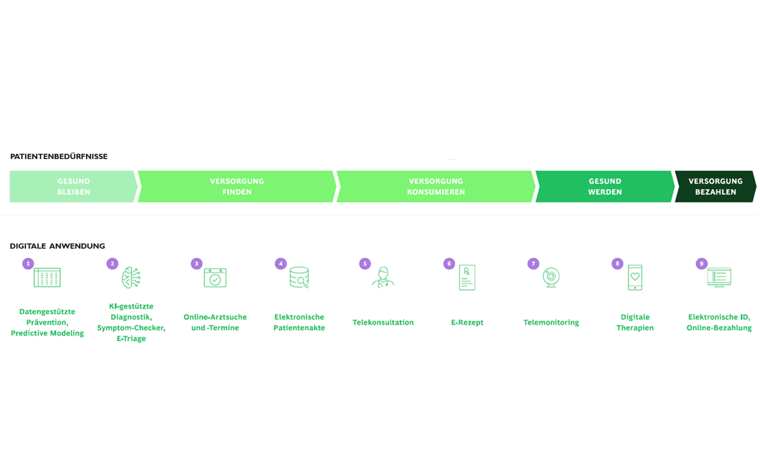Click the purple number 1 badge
28,264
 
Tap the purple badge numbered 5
364,264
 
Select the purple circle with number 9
701,264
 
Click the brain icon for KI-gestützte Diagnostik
131,278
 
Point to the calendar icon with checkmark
215,278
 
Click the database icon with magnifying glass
299,278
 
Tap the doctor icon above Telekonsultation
383,278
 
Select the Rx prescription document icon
467,278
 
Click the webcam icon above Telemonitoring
551,278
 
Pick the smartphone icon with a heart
635,278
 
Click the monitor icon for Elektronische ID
720,278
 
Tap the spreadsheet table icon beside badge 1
47,278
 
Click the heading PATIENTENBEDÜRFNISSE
59,157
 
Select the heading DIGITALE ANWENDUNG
57,246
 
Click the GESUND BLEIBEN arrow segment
74,187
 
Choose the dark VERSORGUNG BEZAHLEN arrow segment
716,187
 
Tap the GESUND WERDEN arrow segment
605,187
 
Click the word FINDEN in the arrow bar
237,192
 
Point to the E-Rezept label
467,323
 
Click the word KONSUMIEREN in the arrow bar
436,192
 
